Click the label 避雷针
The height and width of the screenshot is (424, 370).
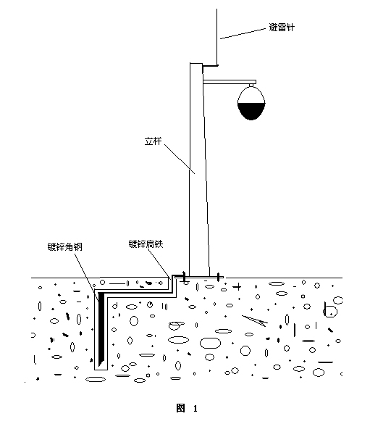pyautogui.click(x=281, y=28)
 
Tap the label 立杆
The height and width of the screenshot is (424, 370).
pyautogui.click(x=153, y=141)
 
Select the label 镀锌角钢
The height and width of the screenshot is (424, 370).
pyautogui.click(x=65, y=246)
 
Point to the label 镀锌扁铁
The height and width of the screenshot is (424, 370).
pyautogui.click(x=146, y=244)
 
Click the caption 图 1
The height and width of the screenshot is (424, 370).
pyautogui.click(x=187, y=408)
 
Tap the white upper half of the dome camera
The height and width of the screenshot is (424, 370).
pyautogui.click(x=251, y=95)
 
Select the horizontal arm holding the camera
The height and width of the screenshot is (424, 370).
pyautogui.click(x=230, y=82)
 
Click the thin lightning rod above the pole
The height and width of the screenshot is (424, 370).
pyautogui.click(x=217, y=36)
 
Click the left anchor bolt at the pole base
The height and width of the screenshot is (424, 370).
pyautogui.click(x=184, y=277)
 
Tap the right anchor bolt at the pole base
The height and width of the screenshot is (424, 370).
pyautogui.click(x=219, y=277)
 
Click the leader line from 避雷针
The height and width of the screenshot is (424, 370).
pyautogui.click(x=243, y=33)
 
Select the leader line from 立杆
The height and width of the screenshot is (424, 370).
pyautogui.click(x=180, y=159)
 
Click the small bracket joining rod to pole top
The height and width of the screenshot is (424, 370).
pyautogui.click(x=210, y=65)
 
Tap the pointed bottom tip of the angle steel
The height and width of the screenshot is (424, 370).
pyautogui.click(x=100, y=366)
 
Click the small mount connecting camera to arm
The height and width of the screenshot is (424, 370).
pyautogui.click(x=251, y=86)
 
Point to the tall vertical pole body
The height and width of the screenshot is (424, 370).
pyautogui.click(x=199, y=170)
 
